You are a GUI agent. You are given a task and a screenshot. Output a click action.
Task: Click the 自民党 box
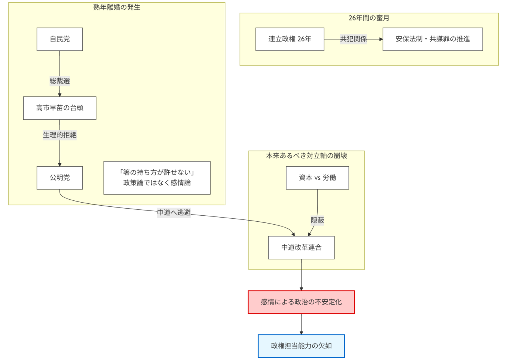coord(59,39)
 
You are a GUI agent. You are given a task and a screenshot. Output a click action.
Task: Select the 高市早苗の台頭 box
coord(59,108)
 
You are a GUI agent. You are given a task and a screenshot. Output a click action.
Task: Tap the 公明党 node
coord(59,178)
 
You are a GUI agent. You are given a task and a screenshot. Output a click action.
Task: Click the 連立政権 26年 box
coord(290,39)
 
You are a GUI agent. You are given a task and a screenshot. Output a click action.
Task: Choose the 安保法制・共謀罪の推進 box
coord(432,39)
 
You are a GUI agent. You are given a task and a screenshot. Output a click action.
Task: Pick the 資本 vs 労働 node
coord(317,178)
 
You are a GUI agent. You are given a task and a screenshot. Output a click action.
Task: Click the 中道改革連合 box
coord(301,247)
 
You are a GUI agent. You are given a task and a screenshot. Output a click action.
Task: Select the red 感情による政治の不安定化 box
coord(301,302)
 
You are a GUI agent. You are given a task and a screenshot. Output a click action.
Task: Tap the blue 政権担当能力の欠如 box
coord(301,346)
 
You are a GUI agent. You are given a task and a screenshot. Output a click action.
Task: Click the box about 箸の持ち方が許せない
coord(157,178)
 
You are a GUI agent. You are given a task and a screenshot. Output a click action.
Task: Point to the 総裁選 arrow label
coord(59,81)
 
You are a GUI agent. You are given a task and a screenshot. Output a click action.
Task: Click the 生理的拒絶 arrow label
coord(59,135)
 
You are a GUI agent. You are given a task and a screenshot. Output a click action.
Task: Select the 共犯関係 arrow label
coord(353,39)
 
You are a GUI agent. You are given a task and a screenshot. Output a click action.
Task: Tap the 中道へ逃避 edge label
coord(174,213)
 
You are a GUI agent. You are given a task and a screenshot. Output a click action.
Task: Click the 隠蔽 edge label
coord(317,220)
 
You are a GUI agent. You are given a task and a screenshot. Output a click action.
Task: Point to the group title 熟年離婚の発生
coord(117,7)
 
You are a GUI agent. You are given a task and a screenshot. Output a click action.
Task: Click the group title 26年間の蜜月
coord(369,18)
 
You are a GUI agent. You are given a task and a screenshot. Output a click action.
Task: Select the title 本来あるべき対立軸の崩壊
coord(306,156)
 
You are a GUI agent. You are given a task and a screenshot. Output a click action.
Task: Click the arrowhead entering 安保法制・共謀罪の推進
coord(381,39)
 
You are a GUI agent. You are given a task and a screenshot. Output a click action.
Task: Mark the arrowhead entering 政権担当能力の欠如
coord(301,333)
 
